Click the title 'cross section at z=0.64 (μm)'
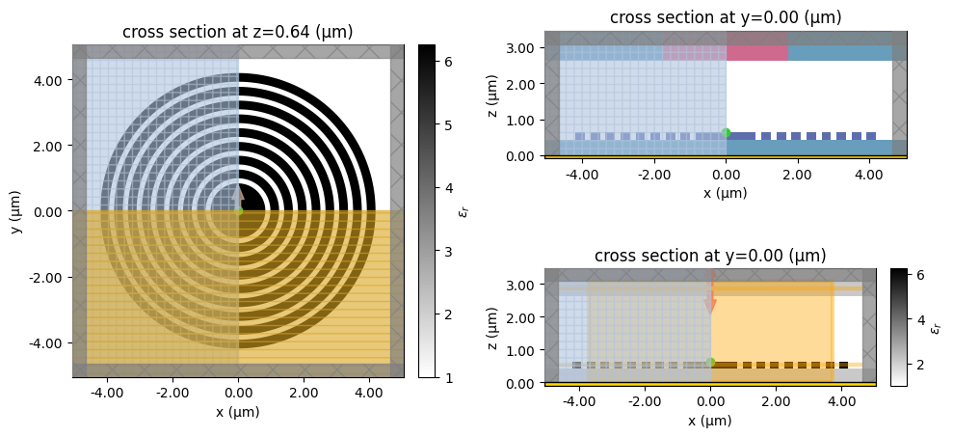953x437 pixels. (x=238, y=32)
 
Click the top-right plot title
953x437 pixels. (x=726, y=17)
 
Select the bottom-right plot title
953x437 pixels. (x=710, y=256)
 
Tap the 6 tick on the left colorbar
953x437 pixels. (x=448, y=61)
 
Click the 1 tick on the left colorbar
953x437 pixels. (x=448, y=377)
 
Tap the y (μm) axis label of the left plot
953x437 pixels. (x=13, y=210)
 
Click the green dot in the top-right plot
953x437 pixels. (x=726, y=133)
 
